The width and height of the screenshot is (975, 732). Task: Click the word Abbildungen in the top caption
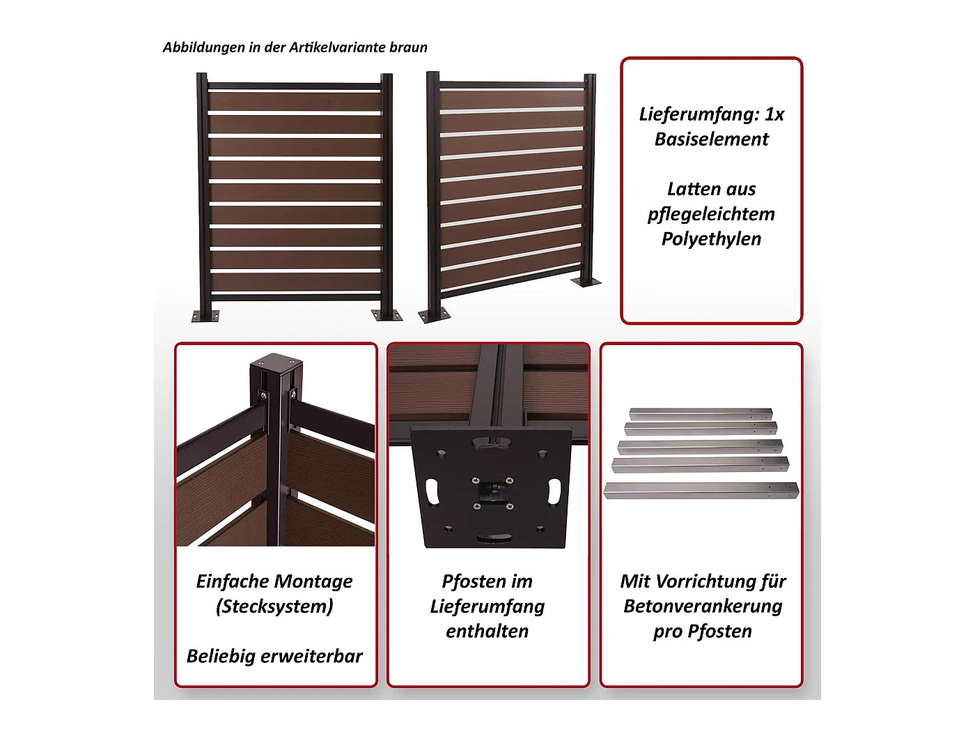pyautogui.click(x=204, y=47)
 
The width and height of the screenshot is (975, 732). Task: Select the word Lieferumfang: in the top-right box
pyautogui.click(x=699, y=115)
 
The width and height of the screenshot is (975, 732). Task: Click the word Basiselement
pyautogui.click(x=712, y=139)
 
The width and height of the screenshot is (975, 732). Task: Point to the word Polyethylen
pyautogui.click(x=711, y=239)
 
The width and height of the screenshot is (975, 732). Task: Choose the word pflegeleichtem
pyautogui.click(x=711, y=214)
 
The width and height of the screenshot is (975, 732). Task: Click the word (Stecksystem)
pyautogui.click(x=274, y=607)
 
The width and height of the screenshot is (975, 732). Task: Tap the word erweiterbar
pyautogui.click(x=312, y=656)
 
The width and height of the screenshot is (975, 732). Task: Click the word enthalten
pyautogui.click(x=487, y=631)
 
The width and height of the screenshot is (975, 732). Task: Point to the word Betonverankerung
pyautogui.click(x=703, y=607)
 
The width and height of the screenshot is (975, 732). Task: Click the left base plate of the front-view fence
pyautogui.click(x=205, y=315)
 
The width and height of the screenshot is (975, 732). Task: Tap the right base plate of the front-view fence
pyautogui.click(x=387, y=314)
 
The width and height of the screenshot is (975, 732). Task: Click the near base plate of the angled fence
pyautogui.click(x=435, y=314)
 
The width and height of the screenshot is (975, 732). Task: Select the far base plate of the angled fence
pyautogui.click(x=586, y=282)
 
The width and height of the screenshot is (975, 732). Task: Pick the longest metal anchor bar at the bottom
pyautogui.click(x=701, y=491)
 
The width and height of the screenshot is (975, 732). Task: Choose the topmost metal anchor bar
pyautogui.click(x=701, y=414)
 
